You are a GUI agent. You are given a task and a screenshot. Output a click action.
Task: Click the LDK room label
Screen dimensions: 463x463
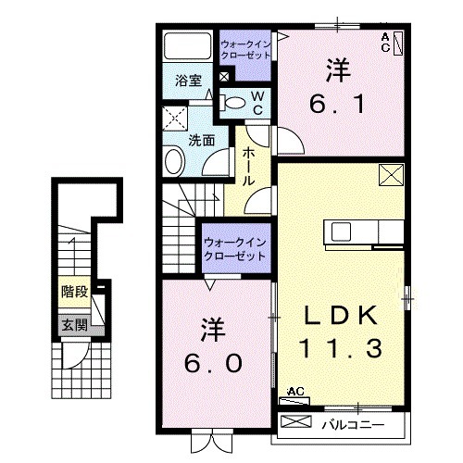[343, 316]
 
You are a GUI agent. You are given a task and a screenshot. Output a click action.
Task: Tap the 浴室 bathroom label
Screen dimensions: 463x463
[189, 81]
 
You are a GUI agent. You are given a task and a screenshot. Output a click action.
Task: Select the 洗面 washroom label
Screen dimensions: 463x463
[202, 141]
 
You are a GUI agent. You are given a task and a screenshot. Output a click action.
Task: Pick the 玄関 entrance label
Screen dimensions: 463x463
[75, 325]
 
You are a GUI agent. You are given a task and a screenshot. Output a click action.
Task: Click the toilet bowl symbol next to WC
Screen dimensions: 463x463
[236, 103]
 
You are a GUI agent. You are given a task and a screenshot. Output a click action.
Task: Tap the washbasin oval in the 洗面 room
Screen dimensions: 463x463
[175, 162]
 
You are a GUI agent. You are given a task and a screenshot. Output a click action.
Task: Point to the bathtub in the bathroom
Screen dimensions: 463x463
[188, 47]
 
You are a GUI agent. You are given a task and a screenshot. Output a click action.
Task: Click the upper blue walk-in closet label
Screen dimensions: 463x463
[245, 48]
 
